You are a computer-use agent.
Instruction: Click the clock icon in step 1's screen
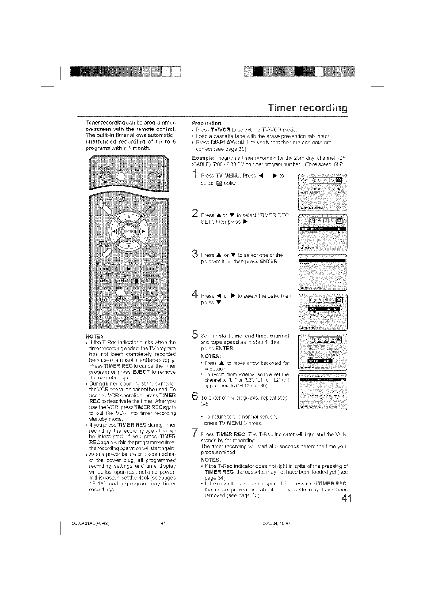[x=312, y=180]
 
